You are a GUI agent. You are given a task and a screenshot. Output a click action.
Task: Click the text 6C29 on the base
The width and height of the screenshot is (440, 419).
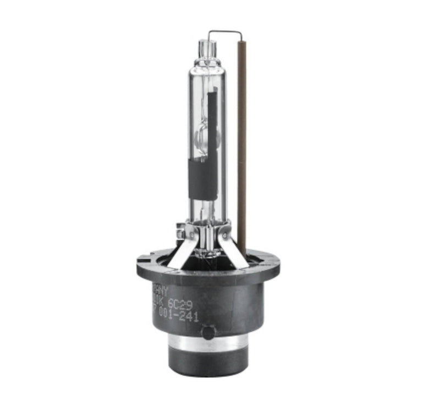point(180,304)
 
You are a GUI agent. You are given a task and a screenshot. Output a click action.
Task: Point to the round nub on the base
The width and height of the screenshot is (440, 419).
point(207,333)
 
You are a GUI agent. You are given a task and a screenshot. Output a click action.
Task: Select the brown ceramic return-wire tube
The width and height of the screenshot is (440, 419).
point(241,143)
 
